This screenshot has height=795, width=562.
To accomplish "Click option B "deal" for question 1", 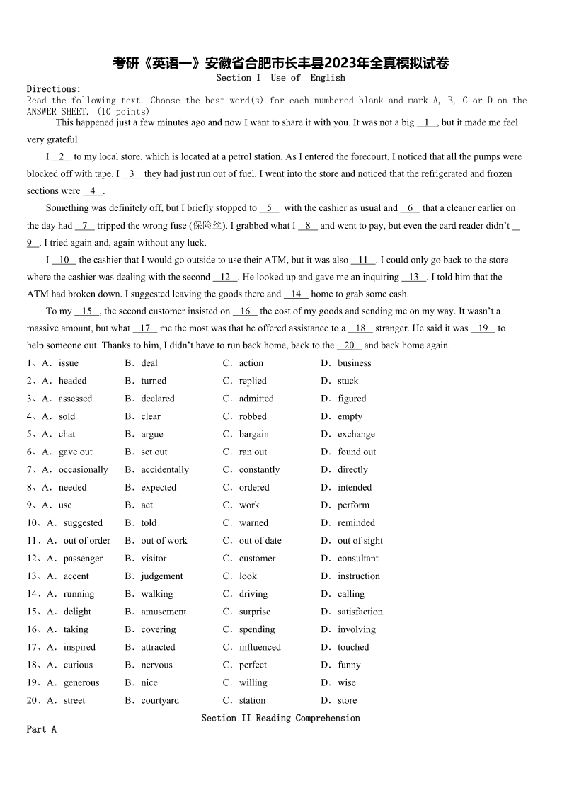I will pos(149,363).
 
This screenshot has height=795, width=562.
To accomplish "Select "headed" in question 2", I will pos(72,381).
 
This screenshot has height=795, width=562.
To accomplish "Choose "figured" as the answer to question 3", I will pos(352,399).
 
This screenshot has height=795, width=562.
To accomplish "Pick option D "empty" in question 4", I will pos(350,416).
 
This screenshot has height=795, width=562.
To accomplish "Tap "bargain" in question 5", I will pos(253,434).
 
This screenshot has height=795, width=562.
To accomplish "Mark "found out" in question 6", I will pos(357,452).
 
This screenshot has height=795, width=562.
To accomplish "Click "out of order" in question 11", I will pos(87,541).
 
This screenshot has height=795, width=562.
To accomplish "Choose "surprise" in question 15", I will pos(255,612).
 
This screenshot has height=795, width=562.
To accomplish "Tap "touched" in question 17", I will pos(353,647).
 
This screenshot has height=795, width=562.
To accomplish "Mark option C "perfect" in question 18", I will pos(253,665).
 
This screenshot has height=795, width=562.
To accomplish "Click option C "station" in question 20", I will pos(252,700).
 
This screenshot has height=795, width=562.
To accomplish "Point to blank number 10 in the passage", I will pos(64,260).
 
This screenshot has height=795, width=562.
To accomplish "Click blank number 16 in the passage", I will pos(246,311).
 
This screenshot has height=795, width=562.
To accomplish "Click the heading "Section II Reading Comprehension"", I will pos(280,718).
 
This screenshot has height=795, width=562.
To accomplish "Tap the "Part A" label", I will pos(41,729).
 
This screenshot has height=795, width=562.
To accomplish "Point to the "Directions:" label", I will pos(54,89).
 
